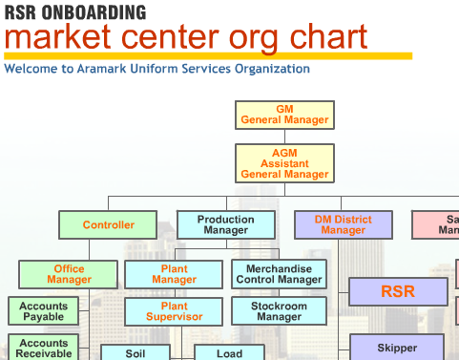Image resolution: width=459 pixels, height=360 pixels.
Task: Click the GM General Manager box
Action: (284, 115)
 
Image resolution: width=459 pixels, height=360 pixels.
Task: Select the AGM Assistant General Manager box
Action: (284, 163)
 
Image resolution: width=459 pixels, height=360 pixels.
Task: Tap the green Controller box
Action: (108, 225)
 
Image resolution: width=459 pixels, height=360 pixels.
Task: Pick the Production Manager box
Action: (225, 225)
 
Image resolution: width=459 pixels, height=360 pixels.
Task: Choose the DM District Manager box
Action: (343, 225)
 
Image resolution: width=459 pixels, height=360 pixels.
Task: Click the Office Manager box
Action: (69, 275)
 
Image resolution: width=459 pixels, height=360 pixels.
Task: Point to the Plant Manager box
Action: (174, 275)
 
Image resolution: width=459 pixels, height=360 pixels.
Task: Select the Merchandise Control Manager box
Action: (279, 275)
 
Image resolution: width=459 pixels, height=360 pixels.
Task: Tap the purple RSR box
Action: (398, 291)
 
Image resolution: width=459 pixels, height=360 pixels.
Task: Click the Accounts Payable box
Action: (44, 311)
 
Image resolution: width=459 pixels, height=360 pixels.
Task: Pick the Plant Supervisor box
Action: (174, 311)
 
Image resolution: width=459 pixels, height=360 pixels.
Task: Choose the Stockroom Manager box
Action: (279, 311)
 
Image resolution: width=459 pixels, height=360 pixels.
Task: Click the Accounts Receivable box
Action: (44, 348)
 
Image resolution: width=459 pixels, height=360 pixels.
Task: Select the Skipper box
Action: (398, 348)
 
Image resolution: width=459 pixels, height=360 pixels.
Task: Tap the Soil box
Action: (136, 353)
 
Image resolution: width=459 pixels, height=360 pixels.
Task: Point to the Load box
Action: (229, 353)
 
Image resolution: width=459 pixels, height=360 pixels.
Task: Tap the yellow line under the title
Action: (207, 56)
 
